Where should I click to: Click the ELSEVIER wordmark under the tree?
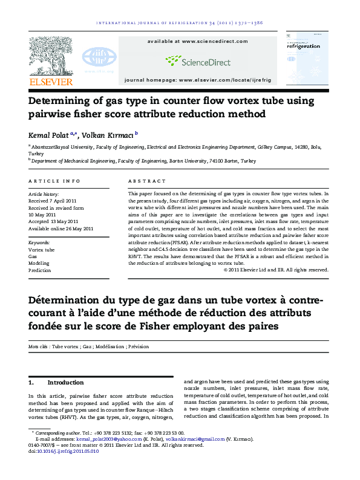[51, 82]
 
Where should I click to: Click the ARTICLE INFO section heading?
[54, 181]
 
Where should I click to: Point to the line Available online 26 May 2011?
[61, 229]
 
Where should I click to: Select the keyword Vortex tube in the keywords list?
[42, 249]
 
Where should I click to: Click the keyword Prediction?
[40, 271]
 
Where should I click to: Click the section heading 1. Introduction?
[56, 383]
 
